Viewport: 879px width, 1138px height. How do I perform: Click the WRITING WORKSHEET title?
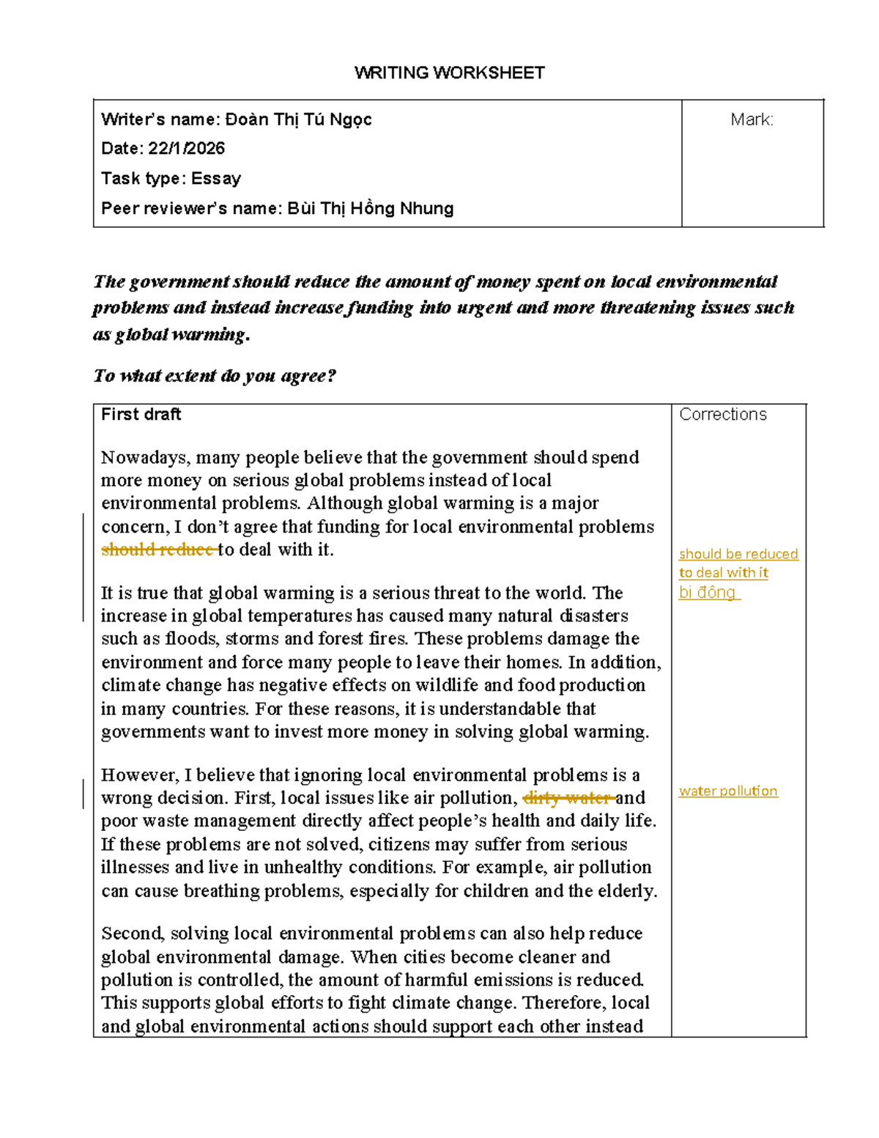tap(449, 73)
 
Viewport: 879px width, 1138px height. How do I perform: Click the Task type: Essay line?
tap(171, 179)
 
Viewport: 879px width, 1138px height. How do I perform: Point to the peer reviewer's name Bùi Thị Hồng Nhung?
tap(370, 209)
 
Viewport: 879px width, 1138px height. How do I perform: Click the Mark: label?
tap(752, 119)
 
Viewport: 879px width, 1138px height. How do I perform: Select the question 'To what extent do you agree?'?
tap(214, 376)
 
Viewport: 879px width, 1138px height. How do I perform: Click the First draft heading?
tap(141, 415)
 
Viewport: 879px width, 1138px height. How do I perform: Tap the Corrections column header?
tap(722, 415)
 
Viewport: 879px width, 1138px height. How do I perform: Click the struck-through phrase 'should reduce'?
tap(157, 550)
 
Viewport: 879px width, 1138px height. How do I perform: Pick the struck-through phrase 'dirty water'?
tap(568, 798)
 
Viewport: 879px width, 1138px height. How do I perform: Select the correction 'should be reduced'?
tap(738, 554)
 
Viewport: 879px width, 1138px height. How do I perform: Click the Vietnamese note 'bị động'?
tap(708, 592)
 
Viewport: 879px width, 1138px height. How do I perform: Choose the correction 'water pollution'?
tap(727, 791)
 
